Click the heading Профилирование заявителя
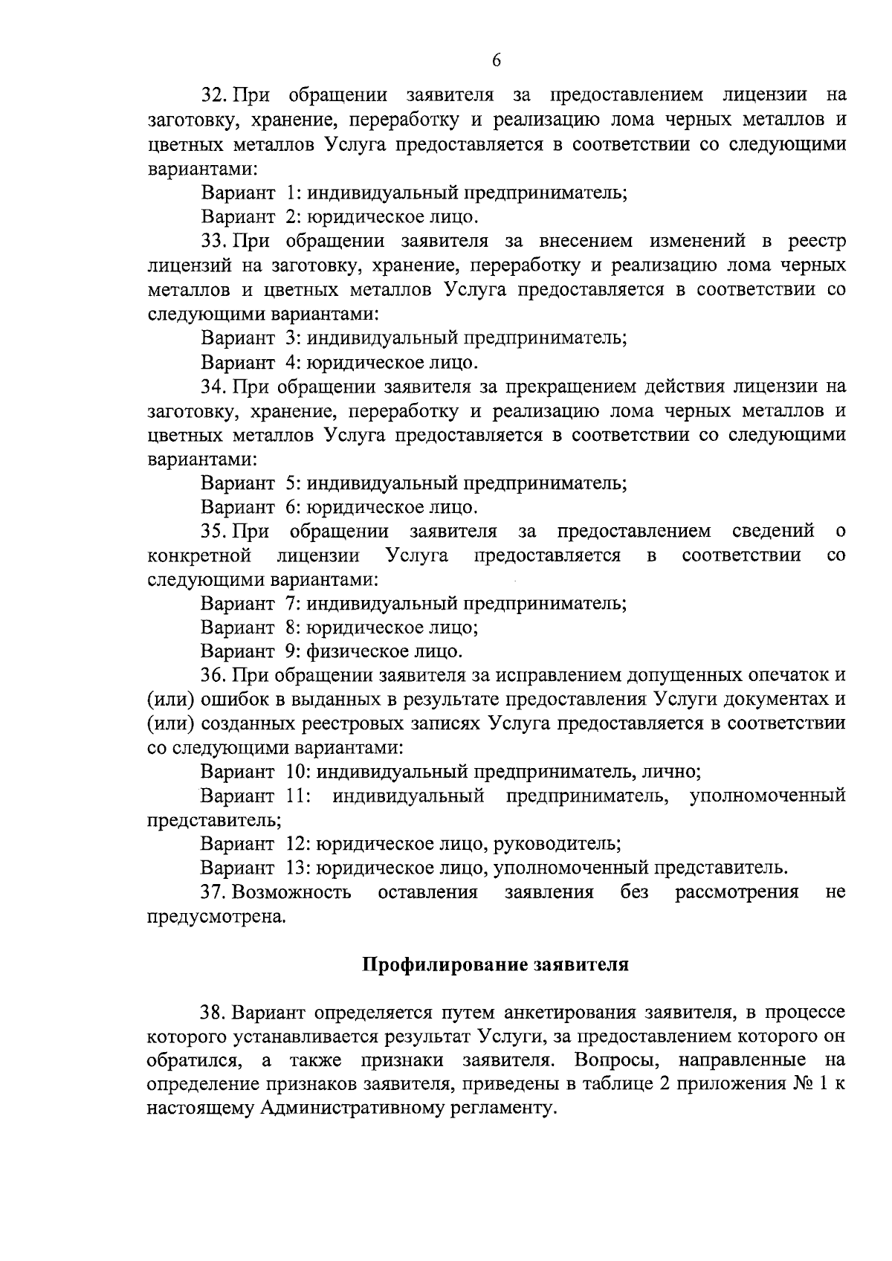tap(496, 965)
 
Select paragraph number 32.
tap(214, 96)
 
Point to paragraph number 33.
tap(214, 242)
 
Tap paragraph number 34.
tap(214, 387)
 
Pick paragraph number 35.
tap(214, 532)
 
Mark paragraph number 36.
tap(214, 676)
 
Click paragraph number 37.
tap(214, 892)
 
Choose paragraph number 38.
tap(214, 1013)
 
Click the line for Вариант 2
tap(339, 218)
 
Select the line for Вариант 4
tap(339, 363)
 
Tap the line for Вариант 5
tap(413, 483)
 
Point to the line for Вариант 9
tap(332, 652)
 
